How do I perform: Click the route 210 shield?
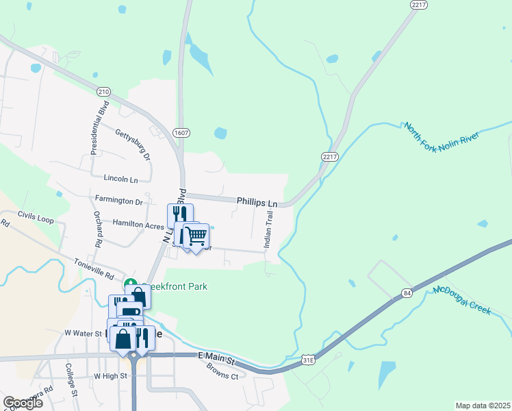[103, 92]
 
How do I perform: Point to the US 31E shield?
[309, 359]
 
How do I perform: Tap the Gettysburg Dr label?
[133, 143]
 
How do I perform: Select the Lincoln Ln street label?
[120, 178]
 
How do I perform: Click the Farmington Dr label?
[119, 201]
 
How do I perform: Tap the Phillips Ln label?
[257, 203]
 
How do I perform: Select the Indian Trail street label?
[269, 229]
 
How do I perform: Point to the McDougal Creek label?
[462, 300]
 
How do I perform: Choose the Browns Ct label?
[222, 371]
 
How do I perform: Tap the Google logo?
[23, 403]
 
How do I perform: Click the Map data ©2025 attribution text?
[482, 406]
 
